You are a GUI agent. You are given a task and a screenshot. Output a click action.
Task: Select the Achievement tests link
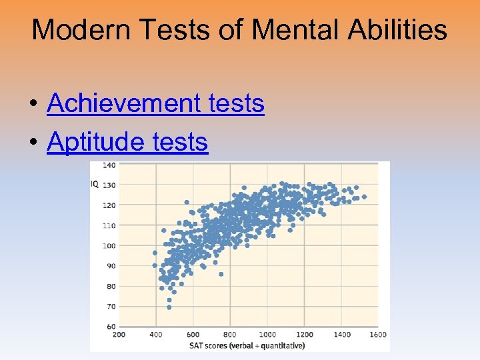click(155, 103)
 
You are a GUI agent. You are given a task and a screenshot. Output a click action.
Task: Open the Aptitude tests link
click(127, 141)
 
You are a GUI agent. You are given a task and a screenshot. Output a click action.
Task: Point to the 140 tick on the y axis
click(109, 165)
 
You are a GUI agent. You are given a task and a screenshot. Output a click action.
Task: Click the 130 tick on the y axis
click(109, 185)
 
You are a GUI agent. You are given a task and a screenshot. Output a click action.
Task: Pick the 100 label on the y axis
click(109, 245)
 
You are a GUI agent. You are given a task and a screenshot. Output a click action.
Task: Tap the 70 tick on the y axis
click(111, 306)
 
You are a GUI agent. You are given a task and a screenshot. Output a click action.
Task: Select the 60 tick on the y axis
click(111, 326)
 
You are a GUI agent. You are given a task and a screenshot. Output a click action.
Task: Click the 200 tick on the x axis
click(119, 334)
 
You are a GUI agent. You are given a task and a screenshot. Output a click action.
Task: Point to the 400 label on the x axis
click(156, 334)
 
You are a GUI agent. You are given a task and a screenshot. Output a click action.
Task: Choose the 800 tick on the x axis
click(230, 334)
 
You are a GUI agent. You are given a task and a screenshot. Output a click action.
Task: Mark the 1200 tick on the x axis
click(304, 334)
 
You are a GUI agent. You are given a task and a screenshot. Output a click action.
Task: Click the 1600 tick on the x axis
click(378, 334)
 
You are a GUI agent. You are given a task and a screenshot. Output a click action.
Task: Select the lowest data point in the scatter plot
click(169, 308)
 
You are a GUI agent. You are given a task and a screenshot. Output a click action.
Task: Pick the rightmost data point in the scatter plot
click(364, 197)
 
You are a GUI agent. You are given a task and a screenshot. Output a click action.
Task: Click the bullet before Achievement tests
click(33, 105)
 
